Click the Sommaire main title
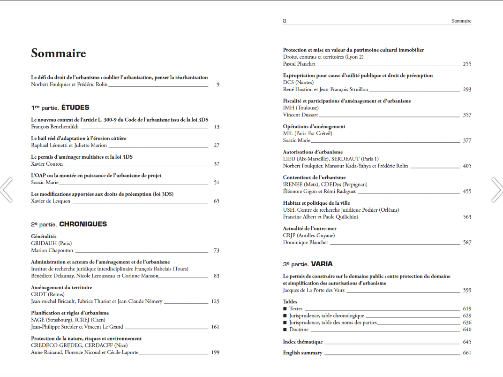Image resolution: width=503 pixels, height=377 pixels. tap(59, 54)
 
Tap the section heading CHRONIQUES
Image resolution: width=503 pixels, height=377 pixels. tap(83, 224)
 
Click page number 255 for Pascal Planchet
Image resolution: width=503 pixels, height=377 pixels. tap(466, 64)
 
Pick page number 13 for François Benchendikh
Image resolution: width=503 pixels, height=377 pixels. tap(216, 127)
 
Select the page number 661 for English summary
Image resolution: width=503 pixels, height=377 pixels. tap(466, 353)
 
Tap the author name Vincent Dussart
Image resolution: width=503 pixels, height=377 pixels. tap(300, 115)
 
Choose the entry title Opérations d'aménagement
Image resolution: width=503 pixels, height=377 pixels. tap(314, 127)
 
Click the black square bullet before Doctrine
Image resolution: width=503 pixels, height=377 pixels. tap(285, 330)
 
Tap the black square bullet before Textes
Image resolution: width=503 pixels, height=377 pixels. tap(285, 309)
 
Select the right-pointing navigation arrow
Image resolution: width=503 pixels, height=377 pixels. tap(496, 189)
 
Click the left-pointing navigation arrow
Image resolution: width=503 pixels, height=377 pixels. tap(6, 189)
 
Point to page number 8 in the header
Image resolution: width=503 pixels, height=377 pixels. tap(285, 21)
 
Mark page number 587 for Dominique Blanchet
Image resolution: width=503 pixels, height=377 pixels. tap(466, 243)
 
